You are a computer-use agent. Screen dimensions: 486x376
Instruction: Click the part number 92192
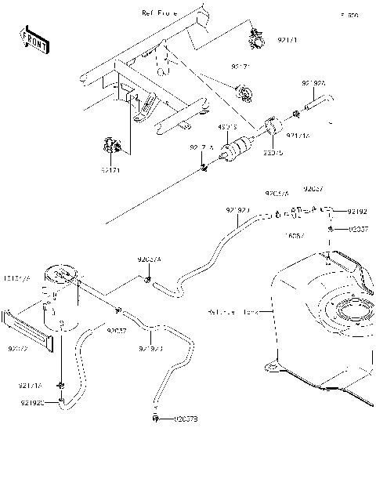point(356,212)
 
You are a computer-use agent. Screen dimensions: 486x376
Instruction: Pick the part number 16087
point(295,234)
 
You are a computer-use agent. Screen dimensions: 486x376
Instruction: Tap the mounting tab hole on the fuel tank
point(271,363)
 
